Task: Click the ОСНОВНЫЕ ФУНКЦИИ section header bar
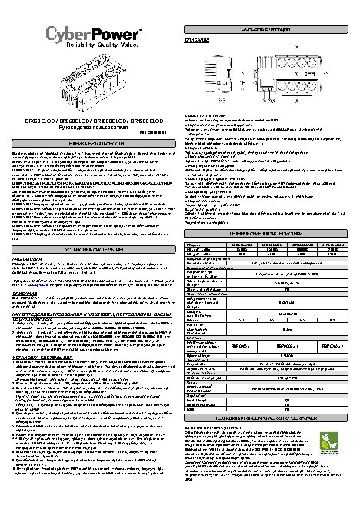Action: click(268, 28)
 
